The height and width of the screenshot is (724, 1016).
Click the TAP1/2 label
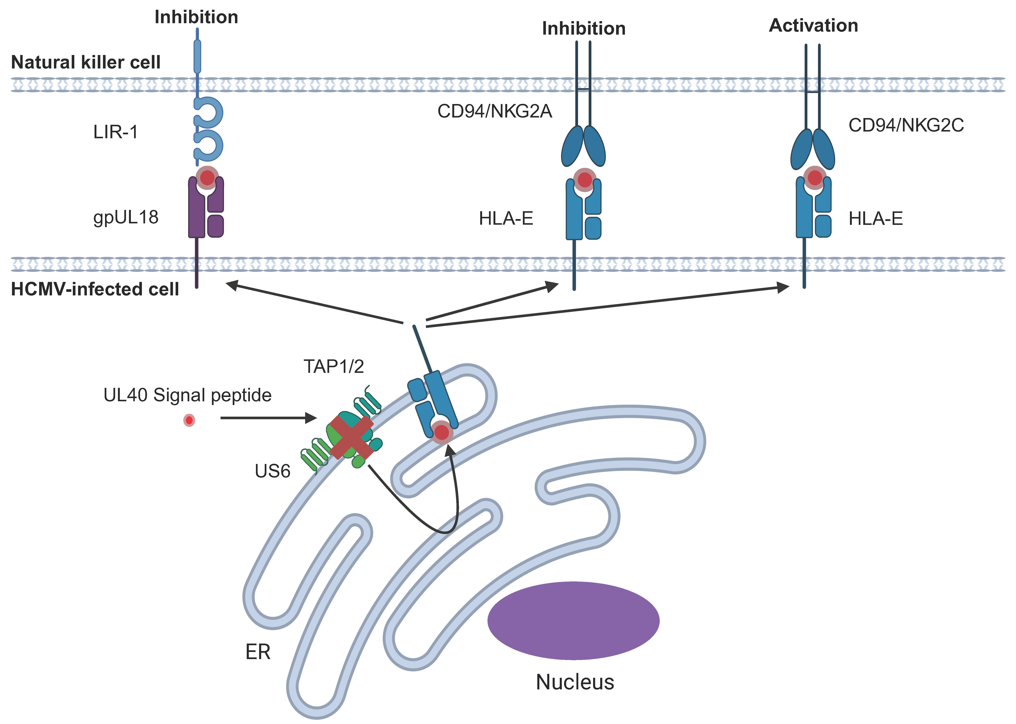pyautogui.click(x=334, y=366)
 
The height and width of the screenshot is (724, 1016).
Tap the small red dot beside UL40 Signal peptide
pyautogui.click(x=189, y=420)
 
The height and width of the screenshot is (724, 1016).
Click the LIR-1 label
pyautogui.click(x=116, y=132)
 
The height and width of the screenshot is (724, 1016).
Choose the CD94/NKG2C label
pyautogui.click(x=906, y=125)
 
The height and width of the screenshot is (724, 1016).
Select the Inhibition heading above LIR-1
pyautogui.click(x=196, y=17)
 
